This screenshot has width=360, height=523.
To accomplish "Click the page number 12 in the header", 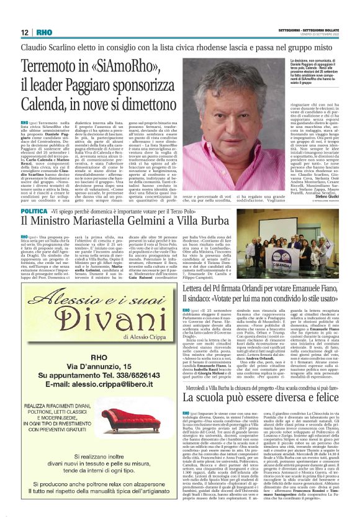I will pyautogui.click(x=25, y=32).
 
